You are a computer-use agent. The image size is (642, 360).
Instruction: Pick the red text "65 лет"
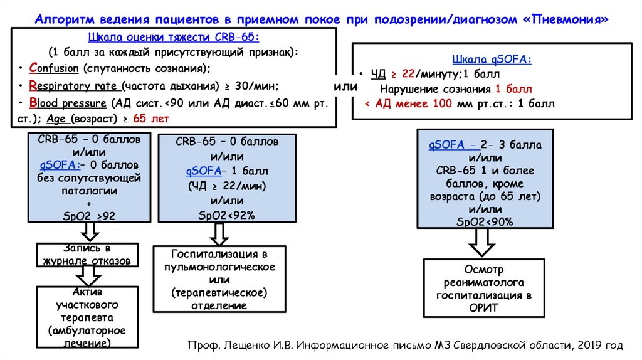pyautogui.click(x=150, y=119)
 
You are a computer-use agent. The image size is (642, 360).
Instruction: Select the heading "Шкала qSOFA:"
pyautogui.click(x=492, y=60)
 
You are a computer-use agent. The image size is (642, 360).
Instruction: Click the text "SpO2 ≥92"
pyautogui.click(x=89, y=216)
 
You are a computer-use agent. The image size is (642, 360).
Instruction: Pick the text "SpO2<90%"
pyautogui.click(x=485, y=221)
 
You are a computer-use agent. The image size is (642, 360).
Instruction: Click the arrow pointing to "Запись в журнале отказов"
pyautogui.click(x=89, y=232)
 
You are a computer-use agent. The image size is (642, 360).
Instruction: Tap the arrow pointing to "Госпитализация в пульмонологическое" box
pyautogui.click(x=219, y=234)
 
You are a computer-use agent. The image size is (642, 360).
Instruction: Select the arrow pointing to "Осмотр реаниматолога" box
pyautogui.click(x=485, y=242)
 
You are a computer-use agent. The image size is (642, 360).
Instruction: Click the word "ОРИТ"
pyautogui.click(x=485, y=307)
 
